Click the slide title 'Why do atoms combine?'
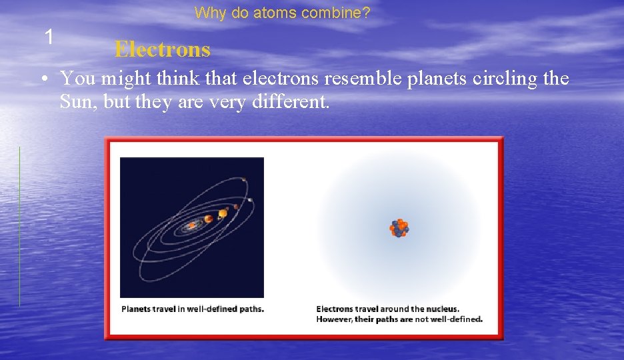[283, 13]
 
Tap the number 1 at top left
[49, 37]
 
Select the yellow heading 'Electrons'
[162, 49]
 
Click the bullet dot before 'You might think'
[42, 80]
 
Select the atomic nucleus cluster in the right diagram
[399, 228]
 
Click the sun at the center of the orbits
[192, 225]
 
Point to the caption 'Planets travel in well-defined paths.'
[193, 309]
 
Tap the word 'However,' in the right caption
[333, 319]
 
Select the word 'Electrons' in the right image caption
[335, 309]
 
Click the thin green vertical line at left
[19, 227]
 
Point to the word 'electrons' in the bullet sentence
[281, 79]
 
